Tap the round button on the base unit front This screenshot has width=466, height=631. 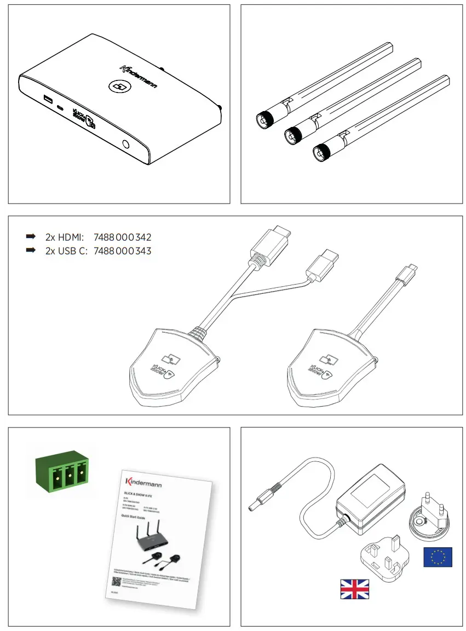127,145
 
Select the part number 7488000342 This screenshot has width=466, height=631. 123,238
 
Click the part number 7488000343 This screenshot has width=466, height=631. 123,251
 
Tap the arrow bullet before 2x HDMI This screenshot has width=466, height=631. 31,237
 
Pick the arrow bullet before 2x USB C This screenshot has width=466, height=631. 31,251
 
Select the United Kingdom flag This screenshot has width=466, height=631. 354,588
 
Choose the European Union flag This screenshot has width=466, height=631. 438,557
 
